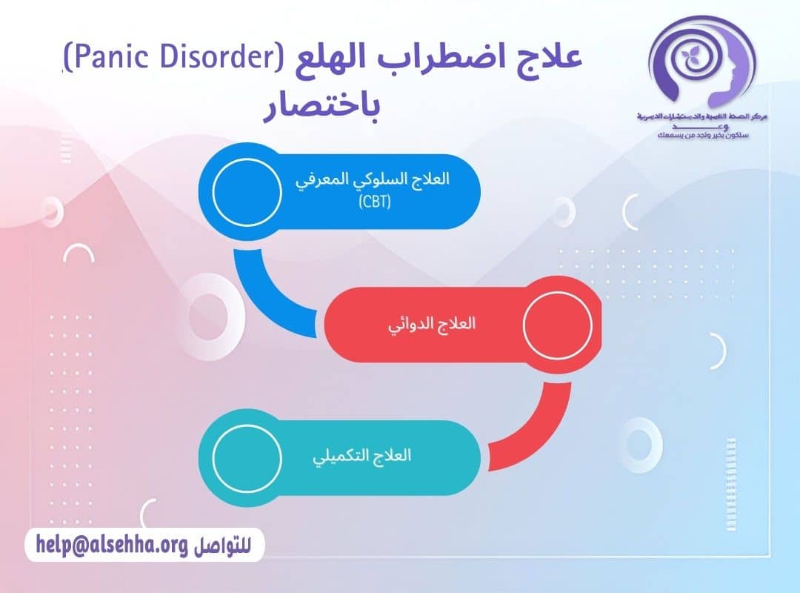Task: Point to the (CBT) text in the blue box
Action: pyautogui.click(x=375, y=202)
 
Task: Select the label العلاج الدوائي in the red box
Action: pyautogui.click(x=432, y=325)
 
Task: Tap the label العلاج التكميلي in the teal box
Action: pyautogui.click(x=362, y=455)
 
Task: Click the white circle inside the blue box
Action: pyautogui.click(x=246, y=191)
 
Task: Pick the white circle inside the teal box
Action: pyautogui.click(x=247, y=456)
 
